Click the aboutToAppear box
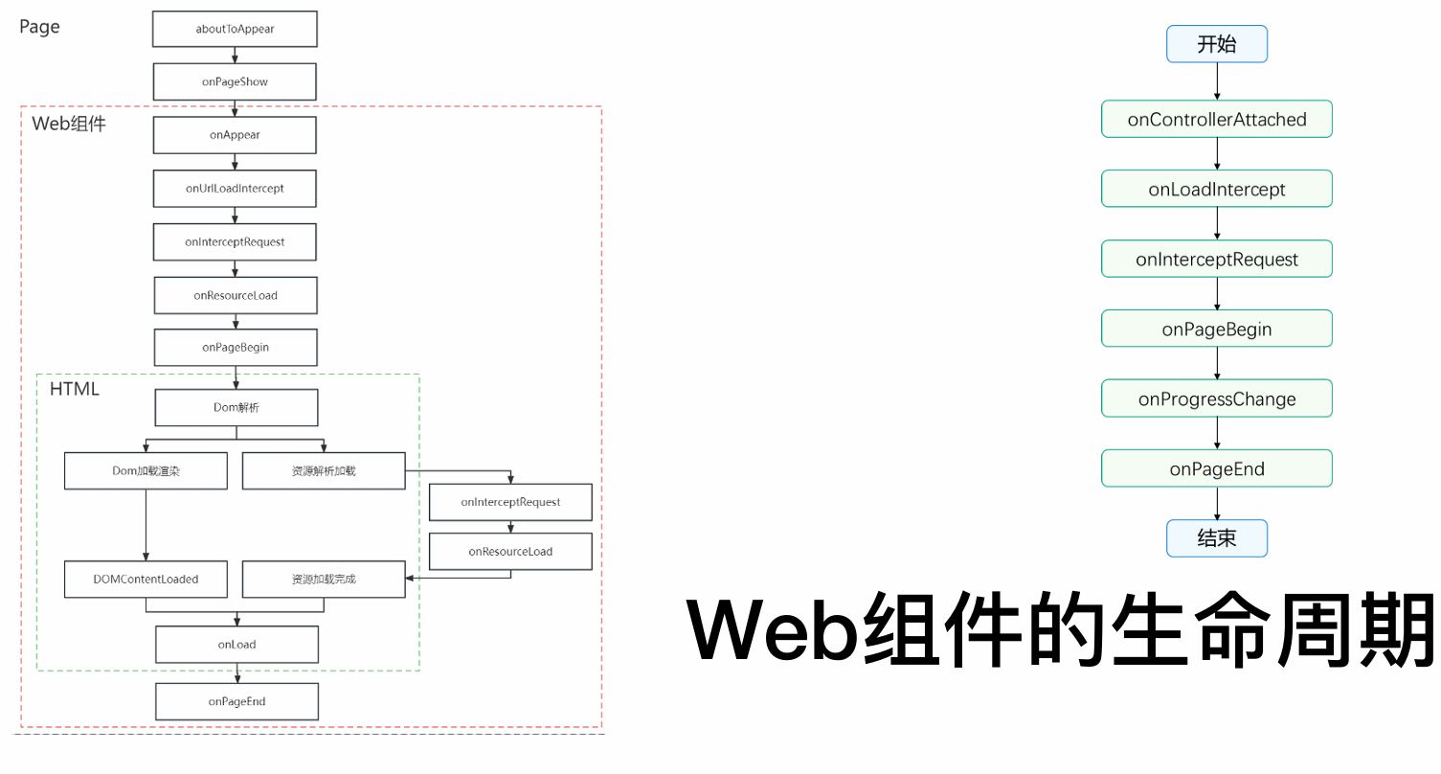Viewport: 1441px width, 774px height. coord(235,29)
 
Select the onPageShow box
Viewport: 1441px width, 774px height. coord(235,81)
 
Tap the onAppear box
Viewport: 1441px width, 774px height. coord(235,135)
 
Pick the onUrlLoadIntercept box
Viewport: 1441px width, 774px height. coord(235,189)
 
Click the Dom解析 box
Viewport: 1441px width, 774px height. coord(236,408)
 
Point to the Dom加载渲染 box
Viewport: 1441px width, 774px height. coord(146,471)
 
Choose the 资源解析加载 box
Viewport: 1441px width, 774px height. coord(324,471)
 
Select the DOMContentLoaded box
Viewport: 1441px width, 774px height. coord(146,580)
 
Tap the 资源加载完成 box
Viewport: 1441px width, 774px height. coord(324,580)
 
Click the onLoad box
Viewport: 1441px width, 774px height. coord(236,645)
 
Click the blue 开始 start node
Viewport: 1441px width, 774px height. coord(1216,44)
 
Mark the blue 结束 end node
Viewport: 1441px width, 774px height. coord(1216,538)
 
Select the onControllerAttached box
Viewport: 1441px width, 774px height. coord(1216,119)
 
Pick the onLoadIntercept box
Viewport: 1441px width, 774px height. coord(1216,189)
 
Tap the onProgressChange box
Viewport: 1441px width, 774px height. coord(1216,398)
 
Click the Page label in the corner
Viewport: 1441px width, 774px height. coord(39,27)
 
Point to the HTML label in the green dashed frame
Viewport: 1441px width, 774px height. coord(74,389)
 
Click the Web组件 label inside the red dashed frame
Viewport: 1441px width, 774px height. coord(68,124)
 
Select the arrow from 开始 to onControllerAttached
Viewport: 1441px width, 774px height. coord(1216,81)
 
